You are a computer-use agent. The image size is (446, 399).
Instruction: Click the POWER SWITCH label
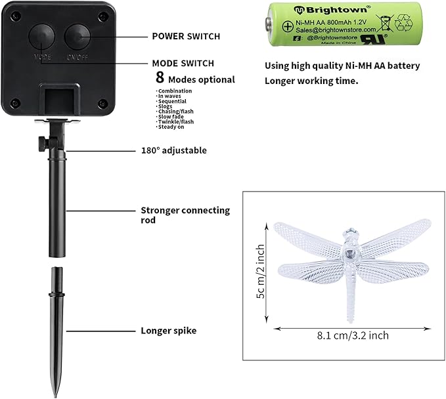coord(186,36)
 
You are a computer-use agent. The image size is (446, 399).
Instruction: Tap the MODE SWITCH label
coord(183,64)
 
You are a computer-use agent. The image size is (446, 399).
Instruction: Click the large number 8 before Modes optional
coord(160,79)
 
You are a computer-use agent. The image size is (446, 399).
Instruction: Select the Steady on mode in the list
coord(171,128)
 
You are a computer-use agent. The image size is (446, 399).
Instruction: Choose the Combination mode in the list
coord(175,91)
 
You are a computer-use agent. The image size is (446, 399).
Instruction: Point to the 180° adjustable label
coord(173,150)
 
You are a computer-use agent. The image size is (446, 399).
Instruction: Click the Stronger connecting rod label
coord(185,215)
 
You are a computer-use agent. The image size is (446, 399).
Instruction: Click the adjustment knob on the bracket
coord(41,142)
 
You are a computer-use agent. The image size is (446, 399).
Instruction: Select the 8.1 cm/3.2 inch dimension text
coord(353,335)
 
